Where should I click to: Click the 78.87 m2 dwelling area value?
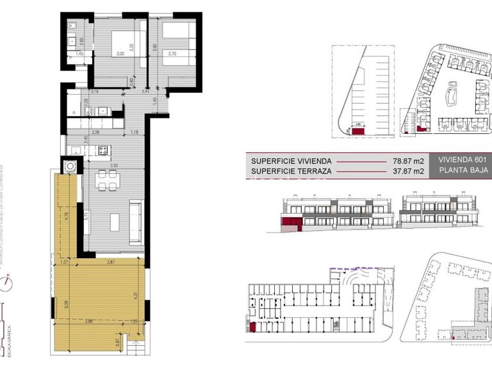[408, 161]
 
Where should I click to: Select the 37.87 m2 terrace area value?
[408, 171]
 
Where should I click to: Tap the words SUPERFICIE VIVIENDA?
[291, 161]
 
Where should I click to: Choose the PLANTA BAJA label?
[463, 171]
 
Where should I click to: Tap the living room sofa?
[136, 220]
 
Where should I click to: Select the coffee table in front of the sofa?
[115, 222]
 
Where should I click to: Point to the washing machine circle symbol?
[69, 166]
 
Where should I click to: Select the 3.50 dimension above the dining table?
[113, 165]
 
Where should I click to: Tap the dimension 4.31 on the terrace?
[135, 296]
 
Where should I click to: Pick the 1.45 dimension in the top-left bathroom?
[80, 54]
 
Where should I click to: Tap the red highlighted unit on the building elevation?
[291, 224]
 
